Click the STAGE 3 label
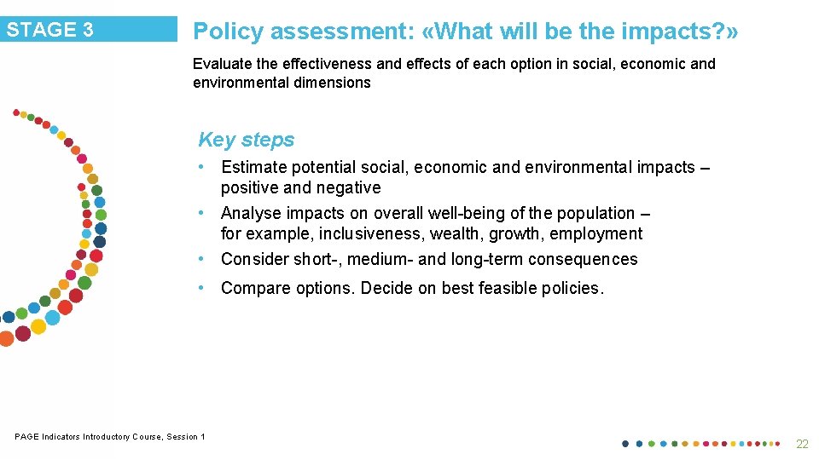click(x=50, y=30)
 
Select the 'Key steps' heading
click(x=246, y=140)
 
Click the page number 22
click(x=802, y=444)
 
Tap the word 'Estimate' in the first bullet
click(x=253, y=167)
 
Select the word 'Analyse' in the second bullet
click(x=250, y=213)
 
